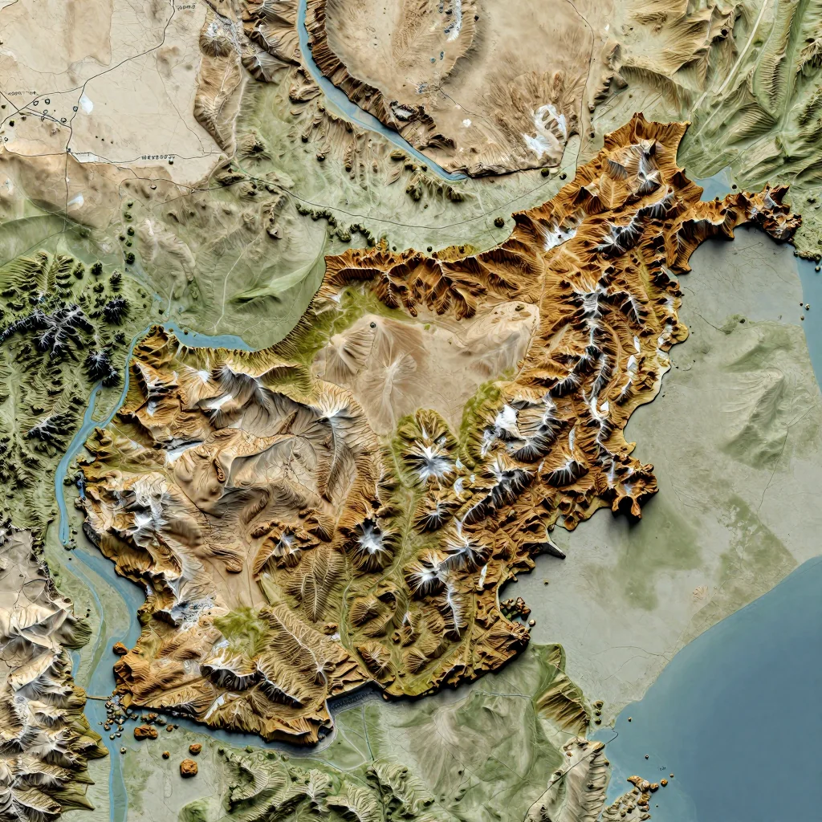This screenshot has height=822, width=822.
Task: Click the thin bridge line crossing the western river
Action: click(x=95, y=698)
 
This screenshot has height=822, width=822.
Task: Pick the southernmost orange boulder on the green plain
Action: click(x=188, y=768)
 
